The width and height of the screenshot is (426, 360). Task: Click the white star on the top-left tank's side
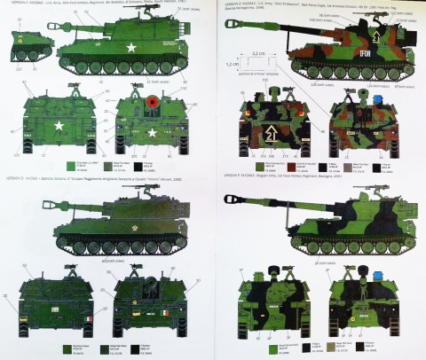(x=130, y=50)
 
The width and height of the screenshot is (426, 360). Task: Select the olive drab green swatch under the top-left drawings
(x=69, y=165)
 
